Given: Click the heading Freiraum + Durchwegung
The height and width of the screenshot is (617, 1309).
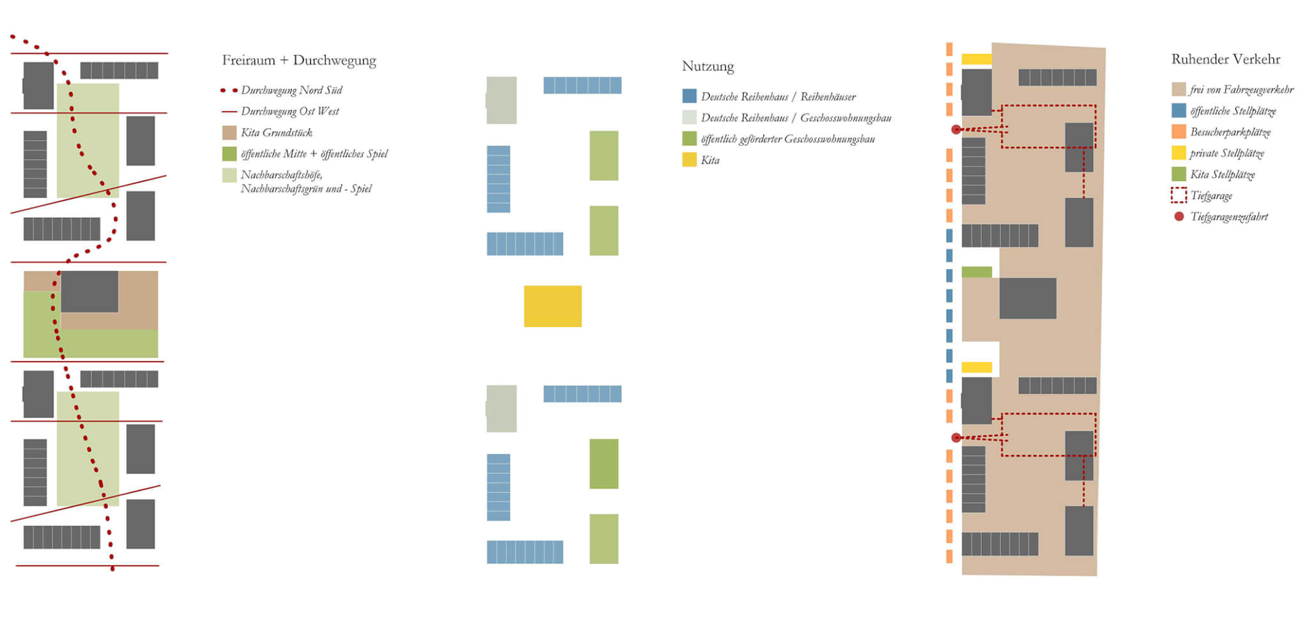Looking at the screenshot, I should pos(298,61).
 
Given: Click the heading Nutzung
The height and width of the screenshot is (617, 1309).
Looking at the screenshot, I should pos(708,66).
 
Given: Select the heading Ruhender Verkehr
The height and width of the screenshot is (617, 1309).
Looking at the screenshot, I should pos(1225,59).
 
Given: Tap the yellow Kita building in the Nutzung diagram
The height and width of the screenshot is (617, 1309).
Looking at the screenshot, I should pos(553,306).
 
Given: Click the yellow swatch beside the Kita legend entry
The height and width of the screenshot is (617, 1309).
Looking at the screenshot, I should pos(689,160).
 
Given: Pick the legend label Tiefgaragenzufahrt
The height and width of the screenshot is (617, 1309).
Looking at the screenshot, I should pos(1228,217).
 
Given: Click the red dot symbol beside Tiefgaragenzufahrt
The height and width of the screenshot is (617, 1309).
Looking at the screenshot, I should pos(1179,217).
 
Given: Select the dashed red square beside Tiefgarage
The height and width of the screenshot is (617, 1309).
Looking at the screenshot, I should pos(1179,195).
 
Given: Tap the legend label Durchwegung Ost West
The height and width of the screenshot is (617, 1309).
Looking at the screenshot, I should pos(290,111).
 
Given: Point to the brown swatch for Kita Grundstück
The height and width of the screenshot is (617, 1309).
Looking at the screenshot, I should pos(229,133).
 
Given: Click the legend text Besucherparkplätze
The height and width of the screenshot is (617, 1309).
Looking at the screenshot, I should pos(1230,132).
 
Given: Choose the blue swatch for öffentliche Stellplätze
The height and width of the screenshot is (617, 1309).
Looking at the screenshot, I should pos(1179,110).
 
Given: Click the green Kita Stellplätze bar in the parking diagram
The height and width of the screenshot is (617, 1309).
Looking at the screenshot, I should pos(977,272).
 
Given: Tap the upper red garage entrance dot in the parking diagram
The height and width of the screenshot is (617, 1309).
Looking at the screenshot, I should pos(956,130).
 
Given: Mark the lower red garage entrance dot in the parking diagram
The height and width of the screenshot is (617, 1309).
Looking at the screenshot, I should pos(956,438).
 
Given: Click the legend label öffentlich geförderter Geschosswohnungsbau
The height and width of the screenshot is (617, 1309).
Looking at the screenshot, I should pos(787,139).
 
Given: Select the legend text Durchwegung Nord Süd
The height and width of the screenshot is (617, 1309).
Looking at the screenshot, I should pos(291,90).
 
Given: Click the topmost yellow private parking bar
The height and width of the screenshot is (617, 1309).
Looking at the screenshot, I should pos(977,59).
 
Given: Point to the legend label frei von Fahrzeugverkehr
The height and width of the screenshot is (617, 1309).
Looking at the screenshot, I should pos(1241,89).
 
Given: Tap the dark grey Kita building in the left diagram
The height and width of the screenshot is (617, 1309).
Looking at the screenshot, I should pos(89,291).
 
